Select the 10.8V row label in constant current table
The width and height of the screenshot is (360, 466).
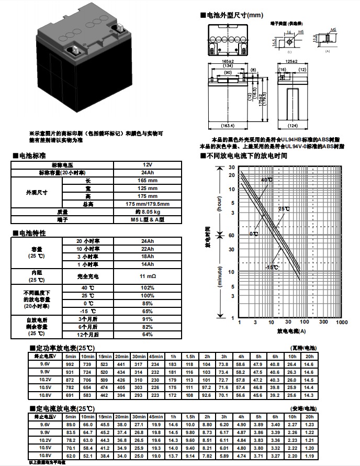pyautogui.click(x=44, y=456)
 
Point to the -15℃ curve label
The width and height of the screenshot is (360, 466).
pyautogui.click(x=272, y=268)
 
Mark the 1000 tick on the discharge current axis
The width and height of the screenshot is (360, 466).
pyautogui.click(x=341, y=323)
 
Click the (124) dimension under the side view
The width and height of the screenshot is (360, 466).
pyautogui.click(x=294, y=126)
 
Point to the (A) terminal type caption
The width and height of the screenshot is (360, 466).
pyautogui.click(x=328, y=51)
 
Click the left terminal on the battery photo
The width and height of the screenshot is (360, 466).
pyautogui.click(x=75, y=50)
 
